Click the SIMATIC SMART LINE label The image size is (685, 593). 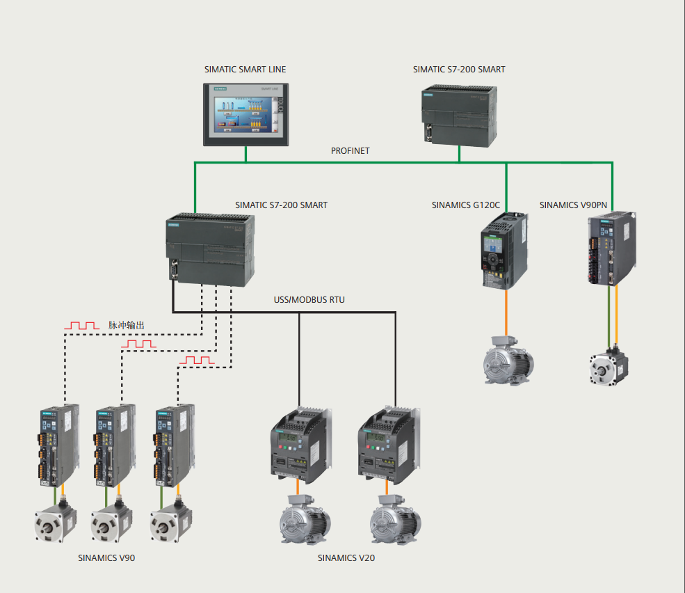245,70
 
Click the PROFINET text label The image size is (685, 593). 350,151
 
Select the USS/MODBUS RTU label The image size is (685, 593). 309,300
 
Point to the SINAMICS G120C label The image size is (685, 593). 465,205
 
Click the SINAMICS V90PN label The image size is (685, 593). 573,205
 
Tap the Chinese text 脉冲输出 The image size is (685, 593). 127,325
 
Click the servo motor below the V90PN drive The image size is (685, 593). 609,366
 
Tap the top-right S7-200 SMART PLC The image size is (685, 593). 460,116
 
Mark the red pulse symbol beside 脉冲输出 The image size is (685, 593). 82,325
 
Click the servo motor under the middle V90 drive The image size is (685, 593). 111,521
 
